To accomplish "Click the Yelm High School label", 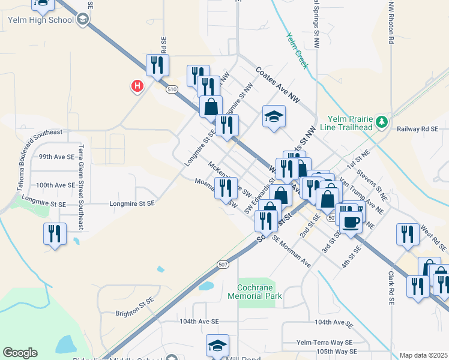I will (x=41, y=20).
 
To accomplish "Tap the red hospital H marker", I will (x=137, y=86).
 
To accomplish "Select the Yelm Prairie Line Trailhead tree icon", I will (x=381, y=122).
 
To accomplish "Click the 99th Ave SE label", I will (x=57, y=156).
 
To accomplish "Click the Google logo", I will (x=20, y=353).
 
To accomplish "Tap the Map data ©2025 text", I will (x=423, y=355).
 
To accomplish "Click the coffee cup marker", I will (x=352, y=222).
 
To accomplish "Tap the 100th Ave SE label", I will (x=56, y=185).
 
